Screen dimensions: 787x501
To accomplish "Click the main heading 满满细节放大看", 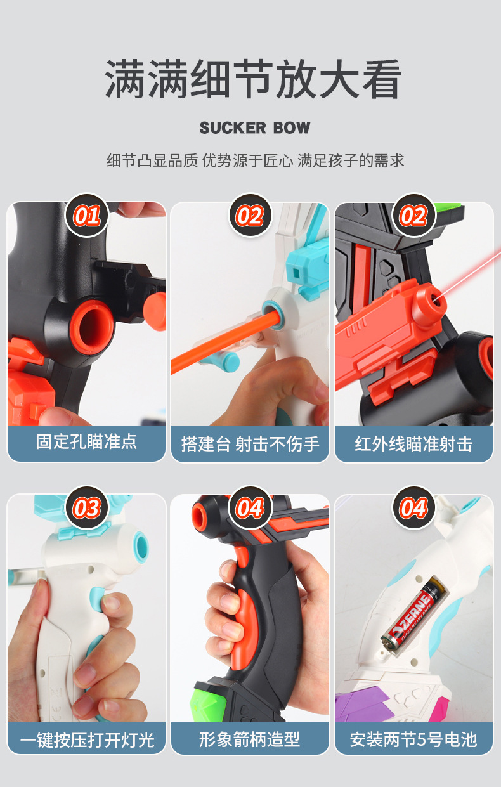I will [x=253, y=79].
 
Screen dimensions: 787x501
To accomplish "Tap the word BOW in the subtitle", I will [x=292, y=127].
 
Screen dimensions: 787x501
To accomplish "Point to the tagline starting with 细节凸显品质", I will [x=255, y=160].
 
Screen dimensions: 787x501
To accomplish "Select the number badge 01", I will [x=87, y=216].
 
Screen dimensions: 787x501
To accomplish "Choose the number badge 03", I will [x=87, y=507].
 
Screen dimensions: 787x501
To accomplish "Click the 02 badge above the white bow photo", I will [x=250, y=216].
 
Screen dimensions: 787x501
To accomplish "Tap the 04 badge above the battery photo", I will [x=413, y=507].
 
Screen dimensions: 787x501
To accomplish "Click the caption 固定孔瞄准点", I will [x=87, y=442].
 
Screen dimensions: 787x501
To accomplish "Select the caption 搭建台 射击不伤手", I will [x=250, y=443].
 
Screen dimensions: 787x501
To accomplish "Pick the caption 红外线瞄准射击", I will [x=413, y=443].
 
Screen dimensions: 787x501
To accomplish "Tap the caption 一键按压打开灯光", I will [x=87, y=739].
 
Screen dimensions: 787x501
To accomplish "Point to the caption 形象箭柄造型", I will [x=250, y=739].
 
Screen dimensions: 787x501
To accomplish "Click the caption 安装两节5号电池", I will [x=413, y=739].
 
